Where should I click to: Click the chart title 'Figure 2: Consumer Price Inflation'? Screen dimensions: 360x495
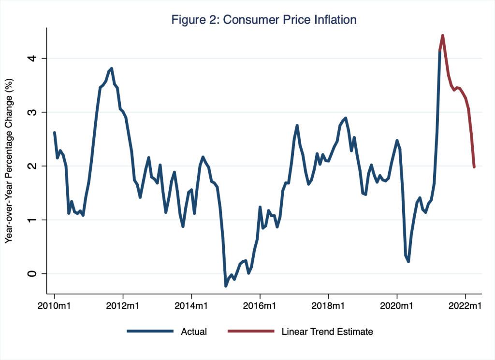(264, 20)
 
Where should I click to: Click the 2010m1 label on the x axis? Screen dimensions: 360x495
(55, 306)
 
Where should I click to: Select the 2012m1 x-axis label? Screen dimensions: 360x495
(123, 306)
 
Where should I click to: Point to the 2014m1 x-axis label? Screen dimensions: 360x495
(192, 306)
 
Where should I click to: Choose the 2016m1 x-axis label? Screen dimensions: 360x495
(260, 306)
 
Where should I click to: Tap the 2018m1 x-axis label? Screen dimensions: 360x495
(329, 306)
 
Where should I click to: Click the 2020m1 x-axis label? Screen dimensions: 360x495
(397, 306)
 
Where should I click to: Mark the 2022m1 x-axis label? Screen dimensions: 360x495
(466, 306)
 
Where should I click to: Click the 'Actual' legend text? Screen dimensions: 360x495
(194, 331)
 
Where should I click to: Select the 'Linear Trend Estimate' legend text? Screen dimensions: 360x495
(327, 331)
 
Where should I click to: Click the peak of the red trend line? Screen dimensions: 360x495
(443, 35)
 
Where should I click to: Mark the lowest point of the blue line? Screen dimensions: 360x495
(225, 286)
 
